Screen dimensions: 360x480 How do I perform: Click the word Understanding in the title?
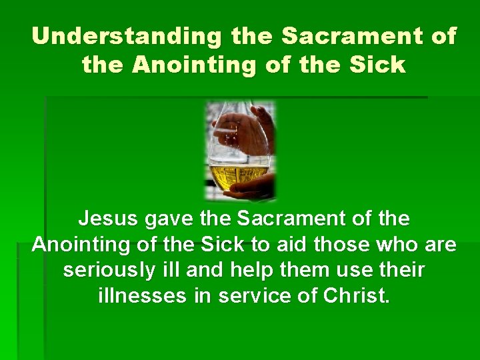coord(126,36)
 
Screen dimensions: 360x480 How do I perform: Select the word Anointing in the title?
coord(194,65)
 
